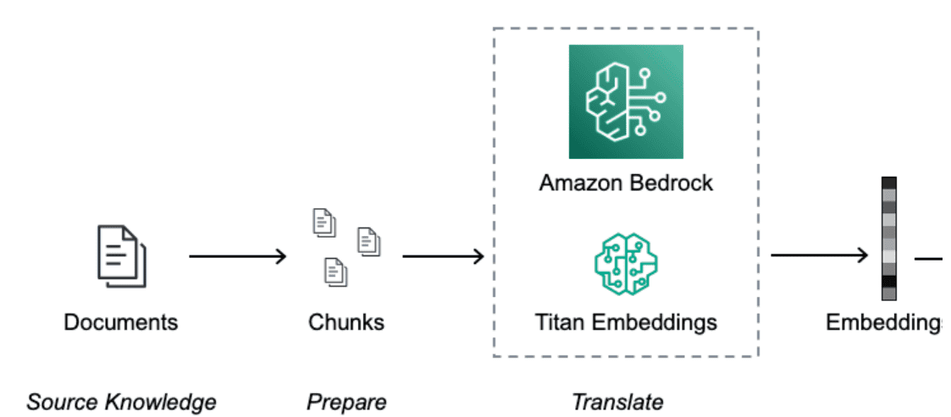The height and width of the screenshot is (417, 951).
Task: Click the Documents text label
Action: pyautogui.click(x=121, y=322)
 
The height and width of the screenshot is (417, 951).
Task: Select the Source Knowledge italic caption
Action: pyautogui.click(x=121, y=402)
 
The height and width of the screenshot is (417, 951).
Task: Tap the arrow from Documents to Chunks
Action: pyautogui.click(x=237, y=255)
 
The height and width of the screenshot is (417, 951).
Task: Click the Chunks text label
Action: pyautogui.click(x=346, y=322)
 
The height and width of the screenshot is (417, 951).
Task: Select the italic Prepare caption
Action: pyautogui.click(x=346, y=402)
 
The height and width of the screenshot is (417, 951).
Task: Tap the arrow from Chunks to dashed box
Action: pyautogui.click(x=442, y=255)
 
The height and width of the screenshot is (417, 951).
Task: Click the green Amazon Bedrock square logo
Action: pyautogui.click(x=626, y=102)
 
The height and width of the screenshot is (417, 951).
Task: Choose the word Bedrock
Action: pyautogui.click(x=673, y=183)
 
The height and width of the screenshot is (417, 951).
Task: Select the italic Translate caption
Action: pyautogui.click(x=617, y=402)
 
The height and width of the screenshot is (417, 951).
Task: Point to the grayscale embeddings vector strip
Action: pyautogui.click(x=888, y=239)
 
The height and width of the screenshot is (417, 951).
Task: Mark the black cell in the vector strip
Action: pyautogui.click(x=888, y=281)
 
